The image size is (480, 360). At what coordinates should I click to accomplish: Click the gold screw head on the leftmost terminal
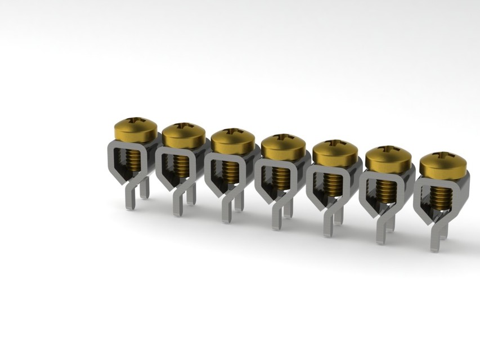[x=136, y=130]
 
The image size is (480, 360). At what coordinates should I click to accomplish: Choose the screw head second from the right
[x=388, y=159]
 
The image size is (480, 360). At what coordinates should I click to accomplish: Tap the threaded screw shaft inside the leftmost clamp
[x=133, y=159]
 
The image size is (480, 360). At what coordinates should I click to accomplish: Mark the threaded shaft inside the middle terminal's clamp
[x=281, y=176]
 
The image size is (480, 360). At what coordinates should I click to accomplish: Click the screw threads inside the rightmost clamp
[x=442, y=195]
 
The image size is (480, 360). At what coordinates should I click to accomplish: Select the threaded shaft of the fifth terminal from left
[x=333, y=183]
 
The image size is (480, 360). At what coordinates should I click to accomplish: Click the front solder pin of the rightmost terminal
[x=435, y=240]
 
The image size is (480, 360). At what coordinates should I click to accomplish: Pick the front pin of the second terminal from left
[x=177, y=205]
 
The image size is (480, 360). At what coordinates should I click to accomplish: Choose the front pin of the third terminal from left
[x=226, y=211]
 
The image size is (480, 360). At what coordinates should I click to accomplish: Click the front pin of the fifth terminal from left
[x=328, y=225]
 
